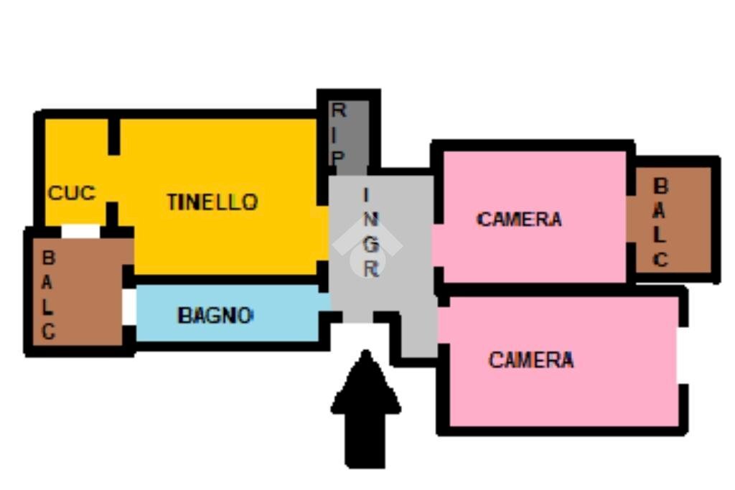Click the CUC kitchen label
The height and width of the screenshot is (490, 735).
(x=72, y=192)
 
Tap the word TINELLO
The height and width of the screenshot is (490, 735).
(x=212, y=202)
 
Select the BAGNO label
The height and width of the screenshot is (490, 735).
(x=215, y=315)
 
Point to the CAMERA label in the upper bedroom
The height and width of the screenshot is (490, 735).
(x=519, y=220)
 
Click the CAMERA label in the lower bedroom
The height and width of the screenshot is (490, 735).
(x=531, y=359)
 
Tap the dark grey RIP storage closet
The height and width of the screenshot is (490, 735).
(x=349, y=137)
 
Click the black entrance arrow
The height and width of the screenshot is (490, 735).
(x=365, y=409)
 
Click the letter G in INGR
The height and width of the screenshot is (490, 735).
(x=371, y=244)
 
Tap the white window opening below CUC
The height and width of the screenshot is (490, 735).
(x=80, y=231)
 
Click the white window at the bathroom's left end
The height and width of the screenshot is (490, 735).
(x=129, y=307)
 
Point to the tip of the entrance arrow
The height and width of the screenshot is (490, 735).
(x=365, y=350)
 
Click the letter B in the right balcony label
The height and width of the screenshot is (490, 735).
(x=660, y=186)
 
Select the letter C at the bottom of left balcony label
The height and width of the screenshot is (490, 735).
(x=48, y=331)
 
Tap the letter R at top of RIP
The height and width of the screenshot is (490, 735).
(x=339, y=110)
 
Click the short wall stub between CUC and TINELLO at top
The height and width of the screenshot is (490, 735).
(x=114, y=136)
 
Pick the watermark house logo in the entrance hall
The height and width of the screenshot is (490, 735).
(x=367, y=248)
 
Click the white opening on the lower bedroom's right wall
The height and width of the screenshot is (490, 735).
(x=683, y=355)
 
